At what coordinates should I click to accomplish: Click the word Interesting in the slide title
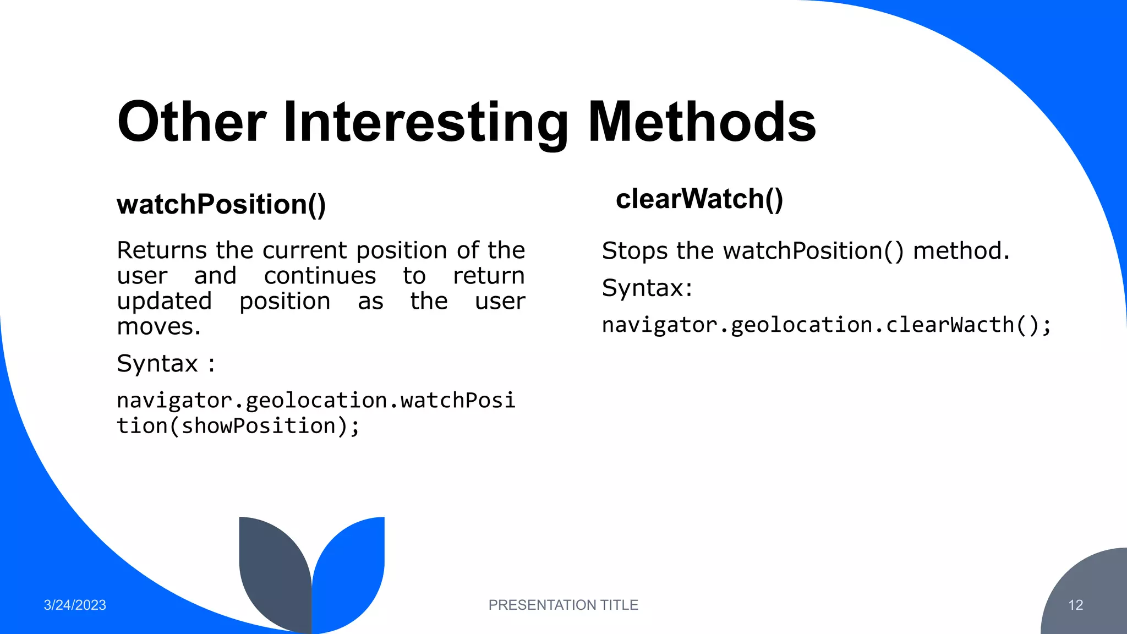coord(425,122)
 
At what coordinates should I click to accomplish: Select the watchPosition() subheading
coord(221,205)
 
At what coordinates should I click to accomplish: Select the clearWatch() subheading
coord(699,199)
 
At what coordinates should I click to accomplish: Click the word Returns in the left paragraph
coord(162,250)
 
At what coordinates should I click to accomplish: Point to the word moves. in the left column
coord(158,327)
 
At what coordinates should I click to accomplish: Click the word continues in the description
coord(320,276)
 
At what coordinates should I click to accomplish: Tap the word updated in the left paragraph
coord(164,302)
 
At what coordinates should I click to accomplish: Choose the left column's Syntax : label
coord(166,364)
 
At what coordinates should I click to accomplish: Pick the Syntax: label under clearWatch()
coord(647,288)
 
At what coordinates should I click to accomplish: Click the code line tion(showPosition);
coord(238,426)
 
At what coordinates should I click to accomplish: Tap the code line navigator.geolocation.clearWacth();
coord(826,325)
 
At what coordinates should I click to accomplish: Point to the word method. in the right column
coord(961,251)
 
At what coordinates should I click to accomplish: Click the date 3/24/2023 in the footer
coord(75,605)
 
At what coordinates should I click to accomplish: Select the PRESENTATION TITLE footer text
coord(563,605)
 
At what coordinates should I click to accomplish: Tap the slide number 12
coord(1075,605)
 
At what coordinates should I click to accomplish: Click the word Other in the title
coord(192,122)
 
